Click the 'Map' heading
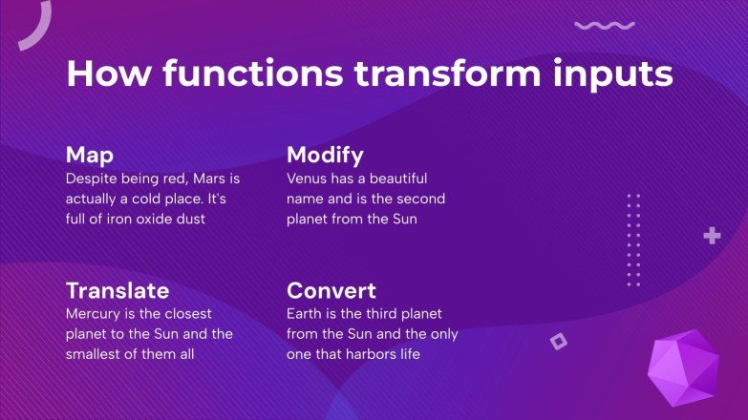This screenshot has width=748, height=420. pyautogui.click(x=90, y=156)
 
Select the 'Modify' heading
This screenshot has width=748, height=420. pyautogui.click(x=325, y=156)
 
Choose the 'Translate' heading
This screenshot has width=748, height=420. pyautogui.click(x=117, y=290)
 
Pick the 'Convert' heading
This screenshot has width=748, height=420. pyautogui.click(x=331, y=290)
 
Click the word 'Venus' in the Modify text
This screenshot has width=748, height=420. pyautogui.click(x=308, y=178)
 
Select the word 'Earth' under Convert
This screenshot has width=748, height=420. pyautogui.click(x=305, y=313)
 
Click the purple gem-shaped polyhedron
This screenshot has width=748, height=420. pyautogui.click(x=682, y=367)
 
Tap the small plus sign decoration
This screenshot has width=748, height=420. pyautogui.click(x=712, y=236)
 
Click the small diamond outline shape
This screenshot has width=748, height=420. pyautogui.click(x=559, y=341)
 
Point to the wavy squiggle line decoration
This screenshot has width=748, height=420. pyautogui.click(x=604, y=26)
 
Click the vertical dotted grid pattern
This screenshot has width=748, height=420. pyautogui.click(x=633, y=240)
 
